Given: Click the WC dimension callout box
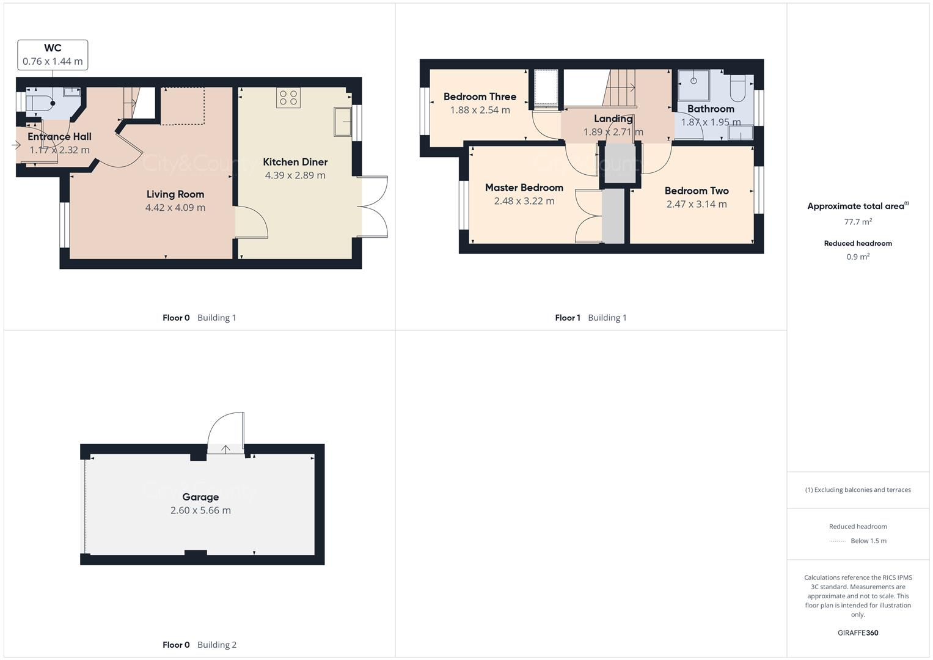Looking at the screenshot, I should [53, 55].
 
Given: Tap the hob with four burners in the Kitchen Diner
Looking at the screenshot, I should [288, 98].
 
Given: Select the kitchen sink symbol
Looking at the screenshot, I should [342, 122].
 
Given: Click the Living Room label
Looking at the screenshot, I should [175, 194].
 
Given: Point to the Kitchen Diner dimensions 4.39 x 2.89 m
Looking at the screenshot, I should [295, 175].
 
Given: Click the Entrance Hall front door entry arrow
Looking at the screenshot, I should [16, 145].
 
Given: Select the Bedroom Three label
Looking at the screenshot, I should [480, 97].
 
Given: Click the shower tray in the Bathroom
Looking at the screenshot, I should [693, 84].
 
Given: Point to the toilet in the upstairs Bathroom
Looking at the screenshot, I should [737, 89].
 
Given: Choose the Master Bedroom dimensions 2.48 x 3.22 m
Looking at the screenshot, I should [524, 201].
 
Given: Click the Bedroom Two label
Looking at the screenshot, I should [697, 191].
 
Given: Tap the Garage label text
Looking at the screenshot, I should [200, 497].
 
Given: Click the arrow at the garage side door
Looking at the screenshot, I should [225, 449].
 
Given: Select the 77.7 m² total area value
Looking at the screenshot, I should [858, 222].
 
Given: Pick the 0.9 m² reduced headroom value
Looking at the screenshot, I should [858, 257].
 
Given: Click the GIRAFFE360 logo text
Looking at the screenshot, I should [858, 632].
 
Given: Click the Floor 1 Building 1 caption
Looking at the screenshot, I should [591, 318].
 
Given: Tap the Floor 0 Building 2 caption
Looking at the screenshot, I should [199, 645].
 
